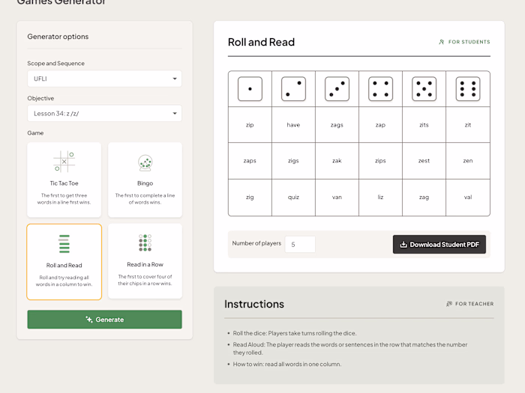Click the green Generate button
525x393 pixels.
(x=104, y=320)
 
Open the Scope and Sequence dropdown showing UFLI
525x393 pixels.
(x=104, y=79)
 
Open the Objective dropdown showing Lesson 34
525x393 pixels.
(x=104, y=114)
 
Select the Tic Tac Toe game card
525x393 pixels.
(x=64, y=180)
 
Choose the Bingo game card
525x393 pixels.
(x=145, y=180)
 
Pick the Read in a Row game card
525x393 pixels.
(x=145, y=261)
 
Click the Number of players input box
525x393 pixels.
(x=300, y=244)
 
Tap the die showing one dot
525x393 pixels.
(x=250, y=89)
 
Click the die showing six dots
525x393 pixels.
(x=468, y=89)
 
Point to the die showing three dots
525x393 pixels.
(x=337, y=89)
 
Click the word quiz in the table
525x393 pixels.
(x=293, y=198)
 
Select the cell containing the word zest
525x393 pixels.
(x=424, y=161)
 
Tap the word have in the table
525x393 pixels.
(x=293, y=125)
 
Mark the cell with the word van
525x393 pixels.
(x=337, y=198)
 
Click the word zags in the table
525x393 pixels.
(x=337, y=125)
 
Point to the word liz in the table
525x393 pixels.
(x=380, y=198)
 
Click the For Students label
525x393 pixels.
(x=465, y=42)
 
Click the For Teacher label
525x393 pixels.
(x=470, y=304)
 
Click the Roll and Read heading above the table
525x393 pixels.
(x=261, y=42)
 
